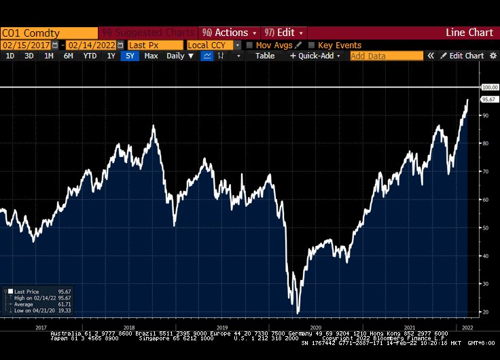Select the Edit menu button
pos(284,33)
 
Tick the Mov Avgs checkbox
pos(249,46)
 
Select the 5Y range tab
pos(130,56)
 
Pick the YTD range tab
pos(90,56)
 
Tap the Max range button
pos(151,56)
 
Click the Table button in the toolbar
pos(265,56)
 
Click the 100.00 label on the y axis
pos(489,87)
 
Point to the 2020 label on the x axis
pos(316,327)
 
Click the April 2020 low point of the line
pos(298,312)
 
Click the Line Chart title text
pos(469,33)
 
